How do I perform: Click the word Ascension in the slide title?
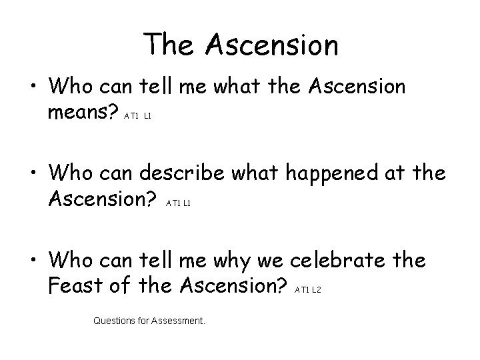272,45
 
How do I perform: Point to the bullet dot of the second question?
31,175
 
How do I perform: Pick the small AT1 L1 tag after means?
138,115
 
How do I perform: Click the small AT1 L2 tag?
308,289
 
